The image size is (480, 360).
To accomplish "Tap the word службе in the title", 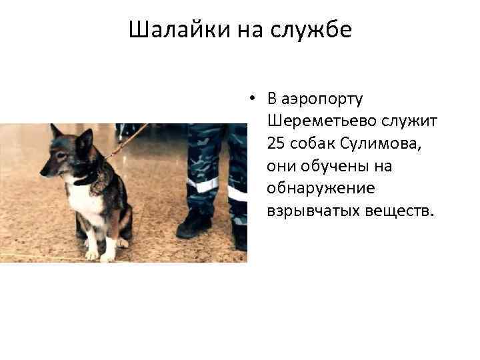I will point(313,30).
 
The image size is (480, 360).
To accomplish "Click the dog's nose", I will point(43,172).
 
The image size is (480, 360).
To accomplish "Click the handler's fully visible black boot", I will point(193,225).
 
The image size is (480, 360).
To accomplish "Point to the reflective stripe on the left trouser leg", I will point(202,184).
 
